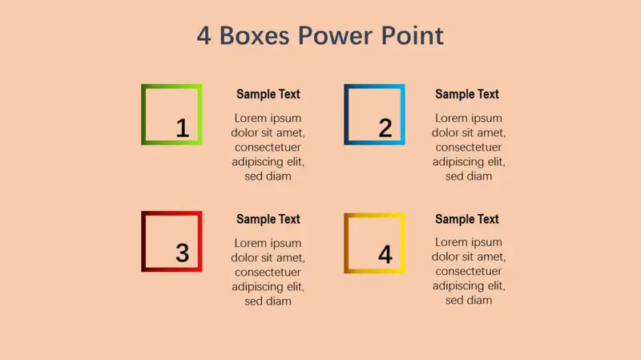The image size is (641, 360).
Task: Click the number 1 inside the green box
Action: point(183,128)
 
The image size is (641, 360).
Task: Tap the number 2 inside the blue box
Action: point(385,128)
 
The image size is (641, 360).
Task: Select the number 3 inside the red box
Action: point(183,253)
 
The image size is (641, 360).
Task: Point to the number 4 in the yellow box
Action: point(385,254)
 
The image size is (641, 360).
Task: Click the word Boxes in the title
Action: point(254,35)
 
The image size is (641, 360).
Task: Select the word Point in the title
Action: point(412,35)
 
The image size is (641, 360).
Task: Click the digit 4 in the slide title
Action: point(204,35)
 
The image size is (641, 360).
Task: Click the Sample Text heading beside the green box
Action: point(268,94)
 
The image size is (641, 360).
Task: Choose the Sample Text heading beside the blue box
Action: point(467,94)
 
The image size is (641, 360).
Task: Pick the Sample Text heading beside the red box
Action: point(268,219)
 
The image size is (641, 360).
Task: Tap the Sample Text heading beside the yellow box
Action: point(467,219)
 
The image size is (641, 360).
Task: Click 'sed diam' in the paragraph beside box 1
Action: point(268,176)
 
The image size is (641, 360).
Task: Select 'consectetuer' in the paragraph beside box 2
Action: point(469,148)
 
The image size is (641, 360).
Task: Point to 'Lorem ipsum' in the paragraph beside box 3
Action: point(268,243)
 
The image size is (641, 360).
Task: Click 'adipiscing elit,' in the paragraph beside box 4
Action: point(469,285)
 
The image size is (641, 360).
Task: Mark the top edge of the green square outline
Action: point(171,87)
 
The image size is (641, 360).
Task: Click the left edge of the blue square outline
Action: point(347,115)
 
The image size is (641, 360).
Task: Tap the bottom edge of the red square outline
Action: point(171,269)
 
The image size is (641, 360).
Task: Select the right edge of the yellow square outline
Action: point(403,244)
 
